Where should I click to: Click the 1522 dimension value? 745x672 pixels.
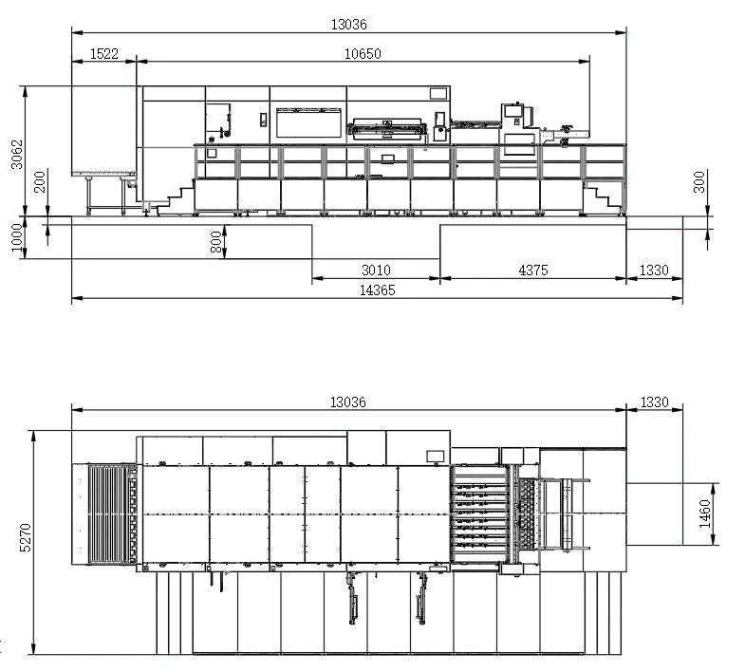click(104, 54)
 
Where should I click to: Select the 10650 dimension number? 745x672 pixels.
click(363, 54)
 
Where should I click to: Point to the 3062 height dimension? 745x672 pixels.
click(17, 154)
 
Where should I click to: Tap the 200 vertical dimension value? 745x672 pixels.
click(41, 181)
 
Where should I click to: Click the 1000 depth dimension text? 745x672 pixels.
click(17, 237)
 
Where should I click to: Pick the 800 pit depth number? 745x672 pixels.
click(216, 242)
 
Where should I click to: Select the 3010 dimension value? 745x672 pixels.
click(376, 271)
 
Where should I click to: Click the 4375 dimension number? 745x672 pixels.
click(533, 271)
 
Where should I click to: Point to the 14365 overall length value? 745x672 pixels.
click(377, 289)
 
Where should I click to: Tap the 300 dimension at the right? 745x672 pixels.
click(699, 182)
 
